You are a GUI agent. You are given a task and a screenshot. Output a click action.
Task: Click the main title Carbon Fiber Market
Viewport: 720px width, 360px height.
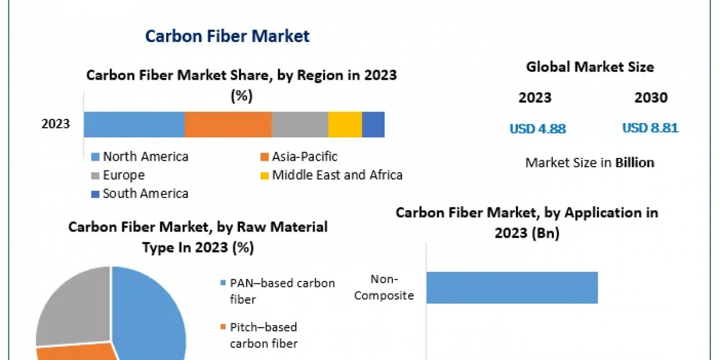point(227,36)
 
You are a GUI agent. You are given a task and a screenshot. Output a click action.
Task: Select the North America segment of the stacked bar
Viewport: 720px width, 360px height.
point(134,125)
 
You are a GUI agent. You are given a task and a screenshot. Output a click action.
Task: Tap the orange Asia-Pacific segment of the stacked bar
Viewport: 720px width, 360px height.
point(228,125)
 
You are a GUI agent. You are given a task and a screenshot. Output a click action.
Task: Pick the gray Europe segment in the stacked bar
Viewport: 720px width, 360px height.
point(300,125)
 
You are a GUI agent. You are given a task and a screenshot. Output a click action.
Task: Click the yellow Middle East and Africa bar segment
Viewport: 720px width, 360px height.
point(345,125)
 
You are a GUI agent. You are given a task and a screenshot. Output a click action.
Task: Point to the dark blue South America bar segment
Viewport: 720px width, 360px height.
point(373,125)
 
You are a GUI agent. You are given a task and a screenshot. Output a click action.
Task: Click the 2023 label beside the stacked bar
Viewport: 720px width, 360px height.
point(56,125)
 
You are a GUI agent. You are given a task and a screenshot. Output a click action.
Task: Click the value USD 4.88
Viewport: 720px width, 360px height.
point(538,128)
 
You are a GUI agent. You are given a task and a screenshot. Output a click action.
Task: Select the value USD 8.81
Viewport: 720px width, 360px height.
point(650,128)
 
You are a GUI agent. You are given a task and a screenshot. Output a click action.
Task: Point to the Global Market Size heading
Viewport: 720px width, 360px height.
point(590,67)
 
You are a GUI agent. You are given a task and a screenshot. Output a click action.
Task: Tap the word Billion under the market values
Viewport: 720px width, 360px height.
point(635,163)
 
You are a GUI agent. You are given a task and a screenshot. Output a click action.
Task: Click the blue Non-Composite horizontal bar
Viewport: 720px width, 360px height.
point(512,287)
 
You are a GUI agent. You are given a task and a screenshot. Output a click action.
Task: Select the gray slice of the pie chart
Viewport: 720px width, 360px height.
point(69,303)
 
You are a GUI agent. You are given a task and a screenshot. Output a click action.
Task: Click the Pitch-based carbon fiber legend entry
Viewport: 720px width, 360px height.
point(264,335)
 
